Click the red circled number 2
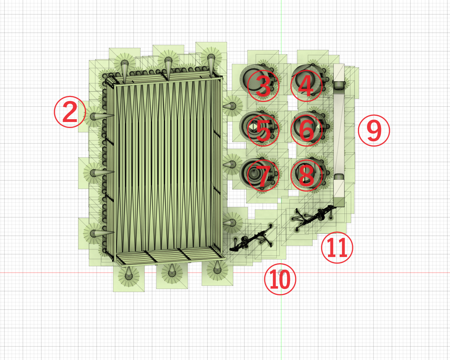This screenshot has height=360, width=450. (x=70, y=112)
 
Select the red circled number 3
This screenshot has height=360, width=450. (x=263, y=85)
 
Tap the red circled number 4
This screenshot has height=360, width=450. (x=306, y=85)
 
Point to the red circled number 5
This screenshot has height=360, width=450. (x=263, y=130)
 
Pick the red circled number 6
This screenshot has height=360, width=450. (x=306, y=130)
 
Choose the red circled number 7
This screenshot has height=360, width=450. (x=263, y=175)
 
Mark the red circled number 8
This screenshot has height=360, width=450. (x=306, y=175)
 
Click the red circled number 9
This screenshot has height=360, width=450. (x=374, y=130)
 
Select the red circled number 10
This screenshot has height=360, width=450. (x=280, y=279)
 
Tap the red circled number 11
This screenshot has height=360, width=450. (x=337, y=247)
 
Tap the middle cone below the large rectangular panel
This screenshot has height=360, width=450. (x=172, y=271)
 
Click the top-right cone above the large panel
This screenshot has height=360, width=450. (x=211, y=63)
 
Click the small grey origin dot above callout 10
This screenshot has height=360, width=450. (x=280, y=272)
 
